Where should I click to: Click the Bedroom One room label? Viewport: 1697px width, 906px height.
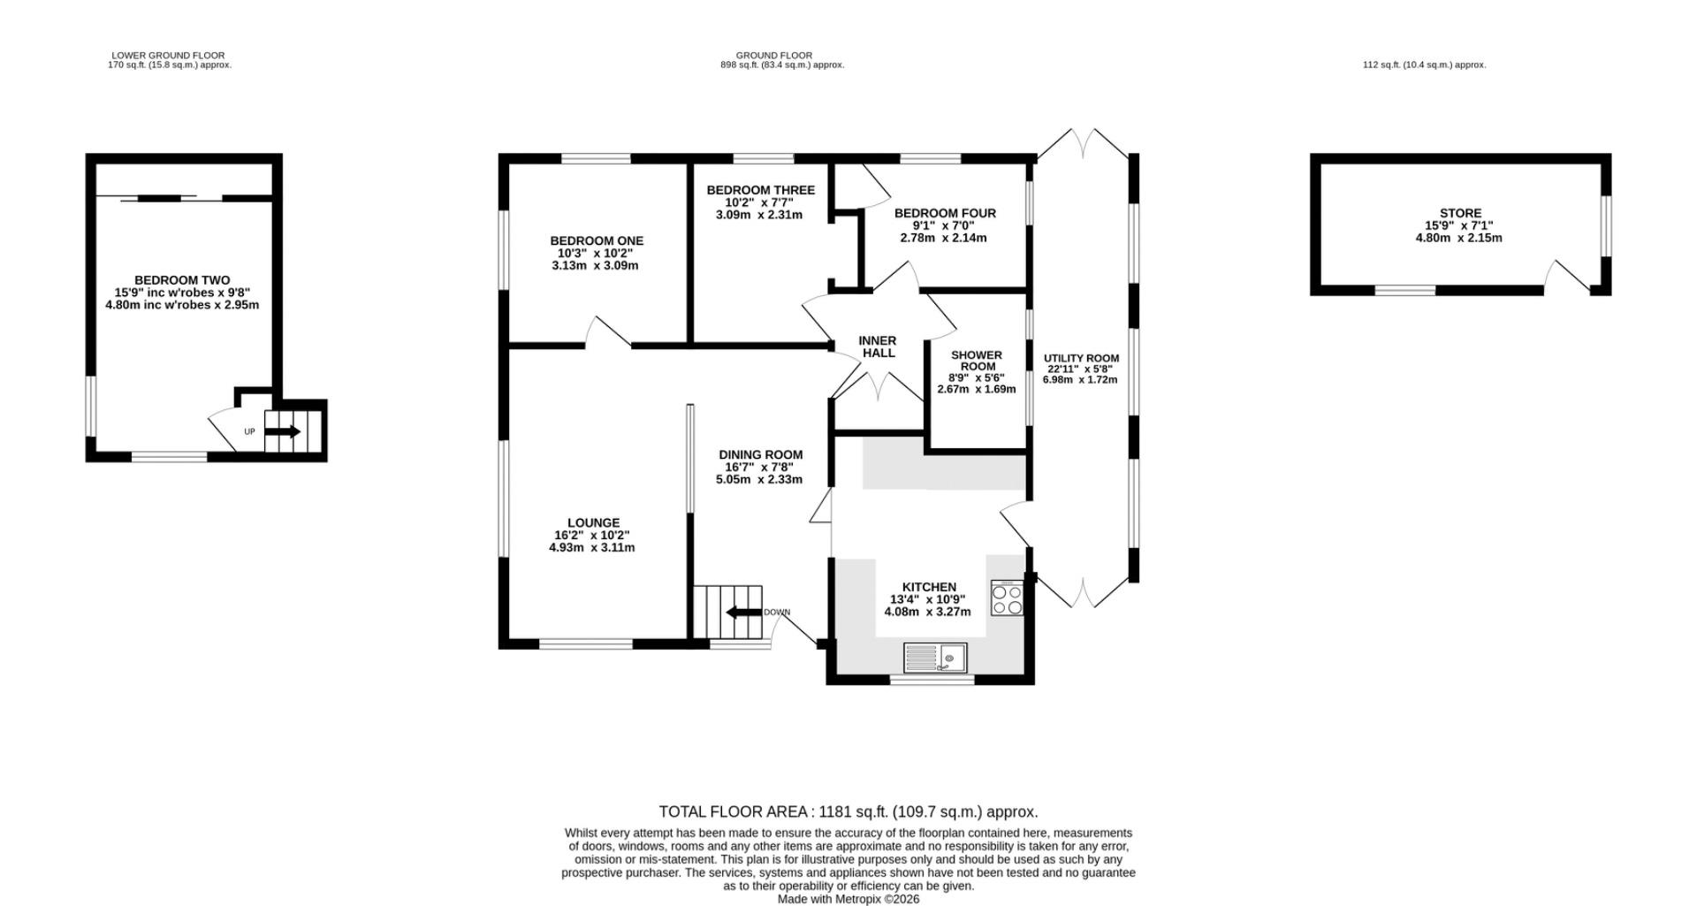[597, 240]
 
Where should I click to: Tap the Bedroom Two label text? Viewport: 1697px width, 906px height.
[182, 280]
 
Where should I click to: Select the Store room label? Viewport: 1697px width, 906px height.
[1460, 213]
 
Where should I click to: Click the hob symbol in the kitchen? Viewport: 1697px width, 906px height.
[1007, 598]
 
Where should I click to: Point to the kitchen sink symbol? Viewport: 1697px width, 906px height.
[935, 658]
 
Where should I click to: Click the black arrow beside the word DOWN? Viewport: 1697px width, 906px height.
[743, 613]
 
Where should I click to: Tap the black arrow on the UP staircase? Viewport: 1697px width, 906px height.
[283, 431]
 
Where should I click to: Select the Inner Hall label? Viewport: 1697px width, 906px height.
[879, 346]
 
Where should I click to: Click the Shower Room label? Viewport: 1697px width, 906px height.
[977, 361]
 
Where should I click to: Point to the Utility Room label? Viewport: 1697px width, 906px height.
[1081, 358]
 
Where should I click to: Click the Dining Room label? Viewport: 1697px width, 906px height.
[760, 455]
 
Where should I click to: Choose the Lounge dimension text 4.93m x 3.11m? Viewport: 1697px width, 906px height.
[592, 547]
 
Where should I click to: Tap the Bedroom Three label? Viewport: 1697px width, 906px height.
[760, 190]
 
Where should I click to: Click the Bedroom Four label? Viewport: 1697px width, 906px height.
[945, 213]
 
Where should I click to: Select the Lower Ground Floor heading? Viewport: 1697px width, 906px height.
[169, 56]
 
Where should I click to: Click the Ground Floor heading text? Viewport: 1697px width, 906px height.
[774, 56]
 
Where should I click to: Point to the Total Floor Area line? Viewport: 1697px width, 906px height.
[848, 811]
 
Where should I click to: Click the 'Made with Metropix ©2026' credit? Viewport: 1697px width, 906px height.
[848, 899]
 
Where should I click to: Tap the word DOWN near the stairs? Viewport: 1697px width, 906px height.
[777, 613]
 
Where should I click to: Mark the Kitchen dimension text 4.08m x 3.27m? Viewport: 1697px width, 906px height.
[927, 612]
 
